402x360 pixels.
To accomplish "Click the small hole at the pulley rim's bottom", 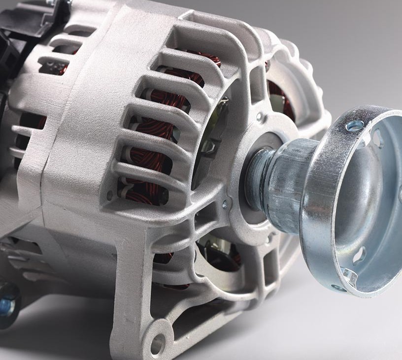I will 337,288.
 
